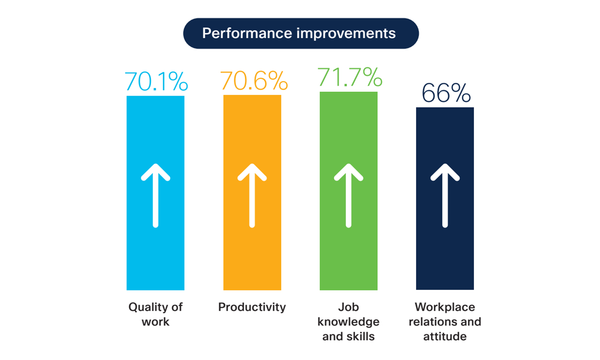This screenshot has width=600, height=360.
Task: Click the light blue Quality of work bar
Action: click(155, 193)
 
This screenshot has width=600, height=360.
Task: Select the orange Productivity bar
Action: click(252, 192)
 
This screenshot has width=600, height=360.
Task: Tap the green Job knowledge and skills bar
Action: click(348, 191)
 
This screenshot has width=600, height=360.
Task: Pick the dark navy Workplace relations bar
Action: click(445, 198)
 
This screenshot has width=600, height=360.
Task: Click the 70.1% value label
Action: click(156, 81)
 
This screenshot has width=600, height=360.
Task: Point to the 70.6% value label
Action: click(254, 80)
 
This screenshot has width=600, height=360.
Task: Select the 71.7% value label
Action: click(350, 77)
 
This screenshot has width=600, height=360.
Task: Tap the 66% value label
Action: click(446, 93)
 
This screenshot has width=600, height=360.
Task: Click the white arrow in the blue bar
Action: click(156, 196)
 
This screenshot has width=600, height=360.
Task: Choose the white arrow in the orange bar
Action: click(252, 196)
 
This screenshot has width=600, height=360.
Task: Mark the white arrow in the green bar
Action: click(348, 196)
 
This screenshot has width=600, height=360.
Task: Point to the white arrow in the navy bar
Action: click(445, 196)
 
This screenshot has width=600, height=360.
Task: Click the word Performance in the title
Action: click(247, 33)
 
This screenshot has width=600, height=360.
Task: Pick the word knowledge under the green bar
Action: click(348, 322)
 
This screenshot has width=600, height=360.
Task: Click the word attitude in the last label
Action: click(445, 336)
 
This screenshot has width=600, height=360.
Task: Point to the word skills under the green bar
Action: click(361, 336)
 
